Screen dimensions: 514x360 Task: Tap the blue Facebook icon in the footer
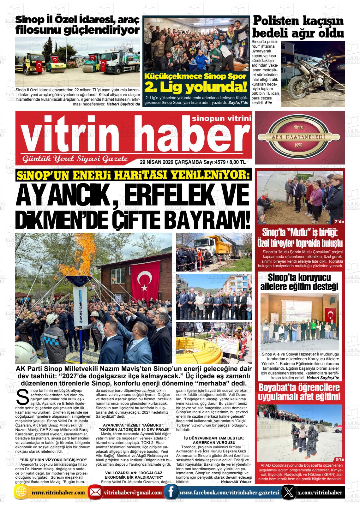(171, 493)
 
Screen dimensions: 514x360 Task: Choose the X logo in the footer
(288, 493)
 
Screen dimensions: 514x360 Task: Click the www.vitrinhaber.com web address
(58, 493)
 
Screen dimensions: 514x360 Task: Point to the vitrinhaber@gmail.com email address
(133, 493)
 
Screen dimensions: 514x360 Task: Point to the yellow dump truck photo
(214, 252)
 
